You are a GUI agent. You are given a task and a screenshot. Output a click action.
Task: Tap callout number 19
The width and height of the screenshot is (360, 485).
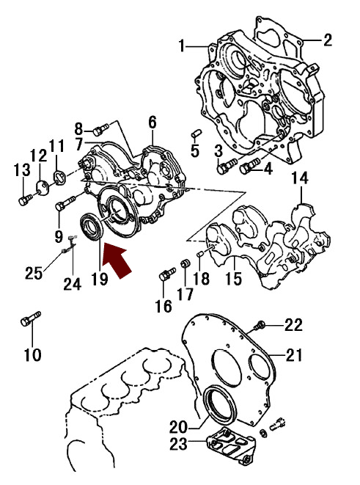tap(100, 279)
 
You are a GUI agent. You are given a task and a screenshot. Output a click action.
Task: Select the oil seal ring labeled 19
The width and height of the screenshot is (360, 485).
tap(92, 226)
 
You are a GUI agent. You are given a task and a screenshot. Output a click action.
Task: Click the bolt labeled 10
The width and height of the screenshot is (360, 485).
tap(31, 318)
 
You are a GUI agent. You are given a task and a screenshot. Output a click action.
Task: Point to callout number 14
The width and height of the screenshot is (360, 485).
tap(300, 178)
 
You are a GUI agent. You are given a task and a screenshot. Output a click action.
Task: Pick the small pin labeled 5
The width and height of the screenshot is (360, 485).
tap(196, 134)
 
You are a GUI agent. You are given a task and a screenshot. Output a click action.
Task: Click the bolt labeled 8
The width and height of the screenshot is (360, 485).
tap(100, 130)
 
